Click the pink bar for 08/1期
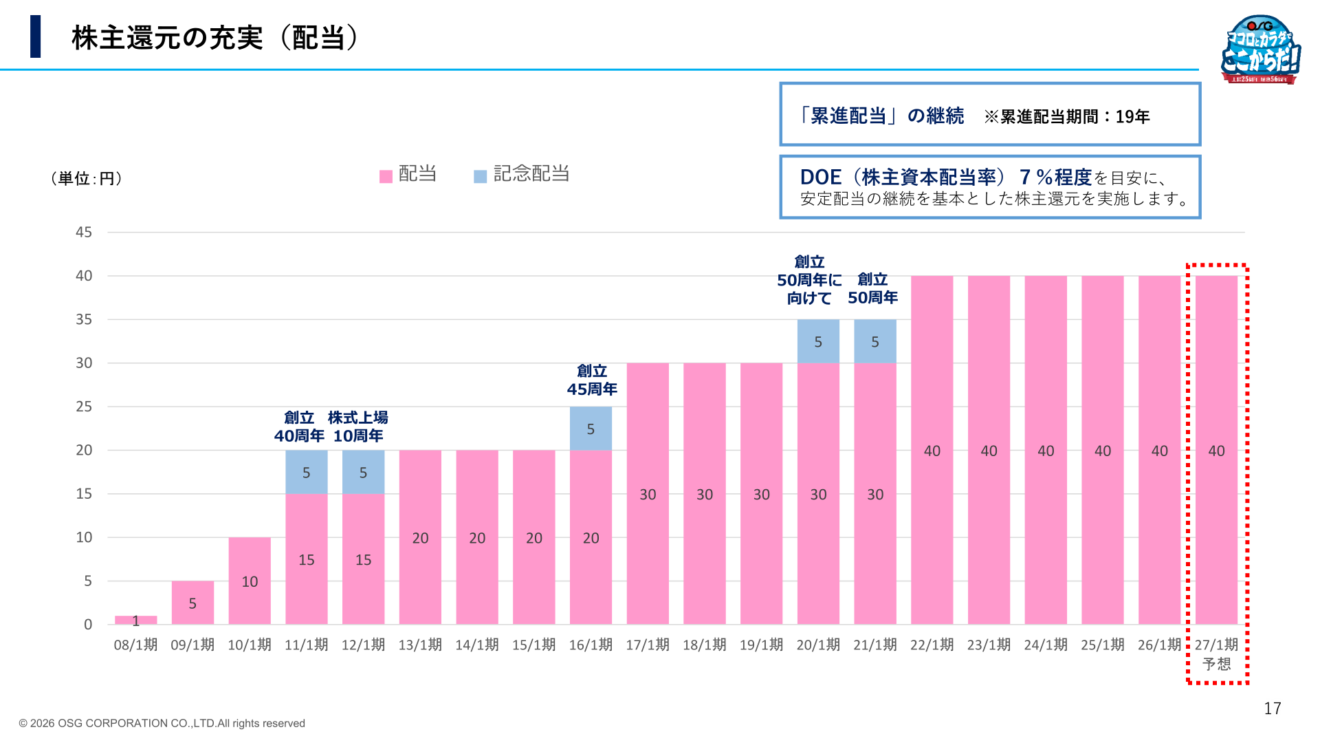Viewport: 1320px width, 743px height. pos(135,620)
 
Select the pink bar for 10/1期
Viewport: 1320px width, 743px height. pos(250,581)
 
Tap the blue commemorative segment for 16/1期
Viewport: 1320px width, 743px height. pos(591,428)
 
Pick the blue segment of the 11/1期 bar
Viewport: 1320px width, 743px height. pos(307,472)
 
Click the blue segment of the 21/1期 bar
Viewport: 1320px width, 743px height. pos(875,341)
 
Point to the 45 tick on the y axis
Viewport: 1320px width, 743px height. pos(84,233)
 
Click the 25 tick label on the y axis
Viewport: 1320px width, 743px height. pos(84,407)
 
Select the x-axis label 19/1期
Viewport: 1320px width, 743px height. pos(761,645)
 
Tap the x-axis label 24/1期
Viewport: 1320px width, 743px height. pos(1046,645)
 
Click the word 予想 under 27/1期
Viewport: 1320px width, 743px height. pos(1216,664)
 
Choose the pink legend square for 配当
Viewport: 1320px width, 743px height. pos(386,177)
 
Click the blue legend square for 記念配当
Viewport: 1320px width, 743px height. pos(481,177)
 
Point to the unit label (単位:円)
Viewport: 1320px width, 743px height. pos(87,179)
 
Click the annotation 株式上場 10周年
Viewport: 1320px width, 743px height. pos(358,427)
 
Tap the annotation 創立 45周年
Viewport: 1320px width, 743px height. pos(592,380)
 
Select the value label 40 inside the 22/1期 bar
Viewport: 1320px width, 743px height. pos(932,451)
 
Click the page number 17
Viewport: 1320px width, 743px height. pos(1273,709)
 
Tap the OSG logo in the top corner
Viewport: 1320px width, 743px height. pos(1262,50)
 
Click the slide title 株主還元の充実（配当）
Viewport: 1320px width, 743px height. pos(216,38)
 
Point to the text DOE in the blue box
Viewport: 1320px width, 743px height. pos(821,177)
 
